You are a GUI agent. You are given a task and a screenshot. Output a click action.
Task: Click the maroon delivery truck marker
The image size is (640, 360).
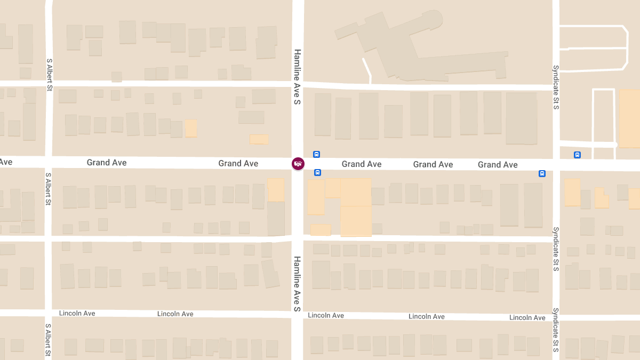298,164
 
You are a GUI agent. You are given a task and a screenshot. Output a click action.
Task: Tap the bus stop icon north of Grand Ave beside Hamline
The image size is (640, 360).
316,155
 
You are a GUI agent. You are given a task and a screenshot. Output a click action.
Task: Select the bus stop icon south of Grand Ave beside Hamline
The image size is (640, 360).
317,172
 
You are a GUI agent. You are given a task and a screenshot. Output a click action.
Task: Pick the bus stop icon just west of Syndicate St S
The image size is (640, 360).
542,173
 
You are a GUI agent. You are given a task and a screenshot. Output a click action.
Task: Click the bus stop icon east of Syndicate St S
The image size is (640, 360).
577,155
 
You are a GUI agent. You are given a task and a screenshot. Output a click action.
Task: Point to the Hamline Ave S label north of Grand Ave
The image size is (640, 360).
298,76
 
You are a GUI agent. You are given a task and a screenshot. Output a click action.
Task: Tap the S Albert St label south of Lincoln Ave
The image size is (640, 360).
49,340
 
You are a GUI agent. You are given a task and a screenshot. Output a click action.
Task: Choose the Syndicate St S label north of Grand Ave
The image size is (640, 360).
556,87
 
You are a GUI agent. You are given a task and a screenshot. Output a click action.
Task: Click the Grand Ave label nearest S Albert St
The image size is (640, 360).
107,163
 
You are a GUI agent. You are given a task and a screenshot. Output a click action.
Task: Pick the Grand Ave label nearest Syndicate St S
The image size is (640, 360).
498,164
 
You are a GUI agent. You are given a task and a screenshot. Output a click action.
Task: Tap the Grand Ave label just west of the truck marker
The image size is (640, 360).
238,163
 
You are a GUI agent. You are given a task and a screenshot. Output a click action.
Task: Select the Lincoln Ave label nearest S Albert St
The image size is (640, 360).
77,313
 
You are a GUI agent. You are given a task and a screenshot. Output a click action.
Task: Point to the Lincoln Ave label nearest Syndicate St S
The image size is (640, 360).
527,317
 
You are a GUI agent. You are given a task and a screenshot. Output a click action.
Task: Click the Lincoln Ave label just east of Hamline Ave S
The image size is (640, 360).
326,315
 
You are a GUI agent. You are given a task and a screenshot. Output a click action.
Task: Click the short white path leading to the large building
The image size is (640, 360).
367,71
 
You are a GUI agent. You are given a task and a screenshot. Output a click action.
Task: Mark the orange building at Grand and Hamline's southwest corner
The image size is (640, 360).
276,189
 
